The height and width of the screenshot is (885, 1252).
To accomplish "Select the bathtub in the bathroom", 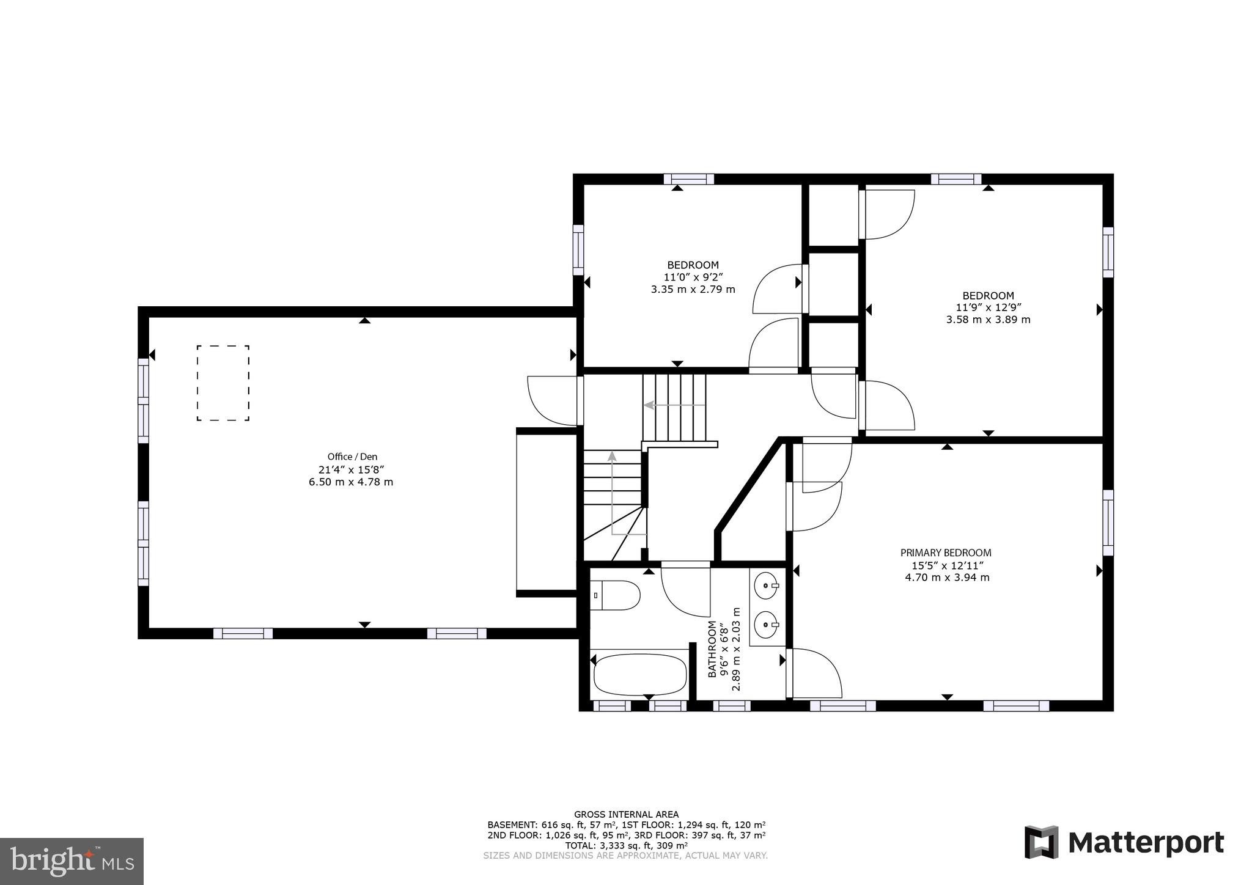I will (x=640, y=674).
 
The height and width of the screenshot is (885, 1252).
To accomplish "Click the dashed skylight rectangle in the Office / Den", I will (x=223, y=383).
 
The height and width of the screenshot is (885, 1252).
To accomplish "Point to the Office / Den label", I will (x=352, y=457).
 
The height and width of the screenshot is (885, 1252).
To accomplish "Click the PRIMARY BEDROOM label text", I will (x=946, y=553).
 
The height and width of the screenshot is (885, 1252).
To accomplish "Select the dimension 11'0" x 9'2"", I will (x=693, y=277).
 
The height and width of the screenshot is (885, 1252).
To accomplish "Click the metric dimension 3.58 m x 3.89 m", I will (x=988, y=320).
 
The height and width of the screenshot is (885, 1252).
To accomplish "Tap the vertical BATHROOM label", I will (x=712, y=649).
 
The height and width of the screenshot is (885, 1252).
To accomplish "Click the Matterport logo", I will (x=1124, y=843).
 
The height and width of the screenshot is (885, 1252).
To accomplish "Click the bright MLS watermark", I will (x=72, y=861).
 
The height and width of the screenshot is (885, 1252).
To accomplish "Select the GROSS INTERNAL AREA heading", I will (x=626, y=814).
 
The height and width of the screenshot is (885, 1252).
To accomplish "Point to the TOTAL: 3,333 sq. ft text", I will (x=626, y=845).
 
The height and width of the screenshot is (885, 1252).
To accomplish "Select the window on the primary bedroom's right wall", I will (x=1108, y=523).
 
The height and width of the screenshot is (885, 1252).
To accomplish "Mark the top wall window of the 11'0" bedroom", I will (x=689, y=179).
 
